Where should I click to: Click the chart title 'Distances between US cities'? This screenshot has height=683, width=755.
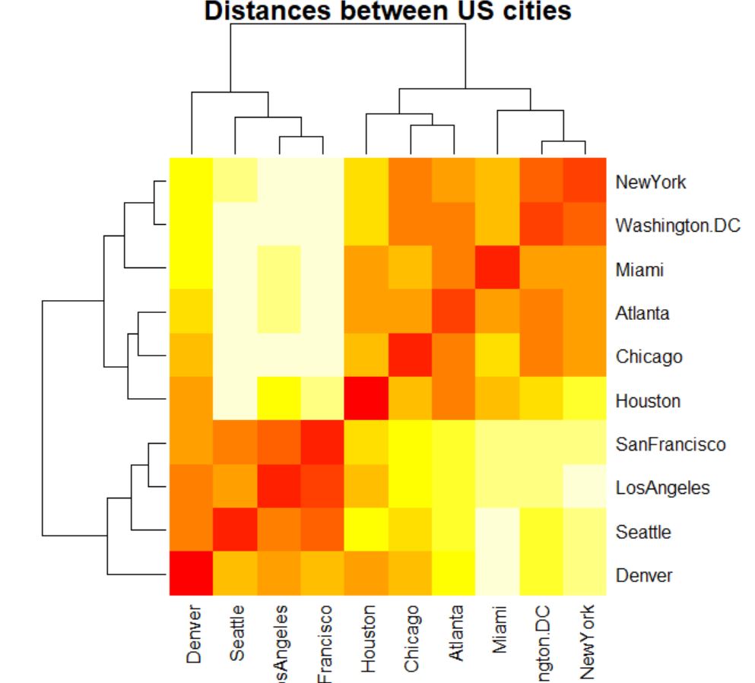click(x=388, y=11)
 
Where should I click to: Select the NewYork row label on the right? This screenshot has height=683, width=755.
click(x=650, y=182)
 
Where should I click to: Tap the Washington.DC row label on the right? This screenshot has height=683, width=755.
click(x=677, y=226)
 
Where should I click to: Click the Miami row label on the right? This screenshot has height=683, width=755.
click(x=640, y=270)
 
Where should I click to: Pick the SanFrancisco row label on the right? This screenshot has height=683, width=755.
click(x=670, y=444)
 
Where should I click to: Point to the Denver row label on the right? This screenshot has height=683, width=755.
click(x=643, y=575)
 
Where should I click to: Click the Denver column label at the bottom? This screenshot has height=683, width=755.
click(x=192, y=635)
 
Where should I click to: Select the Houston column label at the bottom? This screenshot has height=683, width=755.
click(x=367, y=638)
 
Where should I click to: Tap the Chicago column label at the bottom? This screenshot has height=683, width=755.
click(x=411, y=638)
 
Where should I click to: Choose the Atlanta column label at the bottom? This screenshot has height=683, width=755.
click(x=455, y=639)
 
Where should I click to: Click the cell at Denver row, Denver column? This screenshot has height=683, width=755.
click(x=191, y=575)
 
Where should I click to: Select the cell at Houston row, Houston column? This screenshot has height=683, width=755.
click(x=366, y=400)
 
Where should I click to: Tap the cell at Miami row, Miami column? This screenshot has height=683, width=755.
click(x=497, y=270)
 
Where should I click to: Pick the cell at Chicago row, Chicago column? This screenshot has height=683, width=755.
click(x=411, y=356)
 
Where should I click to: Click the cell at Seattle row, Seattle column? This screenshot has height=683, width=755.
click(x=235, y=531)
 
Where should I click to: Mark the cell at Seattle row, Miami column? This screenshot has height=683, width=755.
click(x=497, y=531)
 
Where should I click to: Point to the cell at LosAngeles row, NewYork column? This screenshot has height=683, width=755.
click(x=585, y=488)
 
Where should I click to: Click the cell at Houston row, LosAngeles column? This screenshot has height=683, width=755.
click(x=279, y=400)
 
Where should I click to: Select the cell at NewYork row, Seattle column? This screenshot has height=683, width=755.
click(x=235, y=182)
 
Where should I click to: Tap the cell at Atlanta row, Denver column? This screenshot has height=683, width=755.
click(x=191, y=313)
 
